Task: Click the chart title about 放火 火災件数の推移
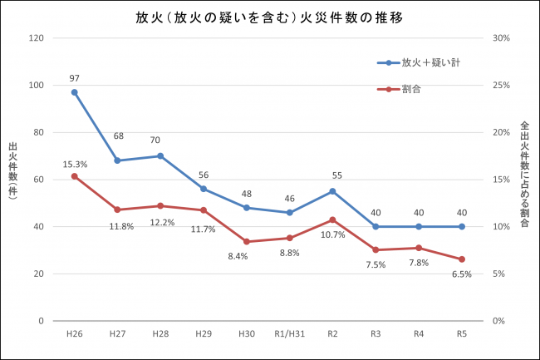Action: pos(269,17)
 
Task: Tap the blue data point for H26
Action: pos(74,92)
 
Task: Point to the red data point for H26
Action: pos(74,176)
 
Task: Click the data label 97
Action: pos(74,78)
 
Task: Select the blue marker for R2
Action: pos(332,191)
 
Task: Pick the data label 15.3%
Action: pos(75,163)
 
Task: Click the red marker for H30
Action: pos(247,242)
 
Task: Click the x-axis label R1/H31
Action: pos(289,333)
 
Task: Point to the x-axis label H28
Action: pos(160,333)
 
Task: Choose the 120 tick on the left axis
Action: pos(36,38)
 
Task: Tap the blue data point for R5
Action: pos(462,226)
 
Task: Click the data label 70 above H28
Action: pos(160,141)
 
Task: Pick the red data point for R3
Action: pos(376,250)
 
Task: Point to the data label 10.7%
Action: pos(332,234)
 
